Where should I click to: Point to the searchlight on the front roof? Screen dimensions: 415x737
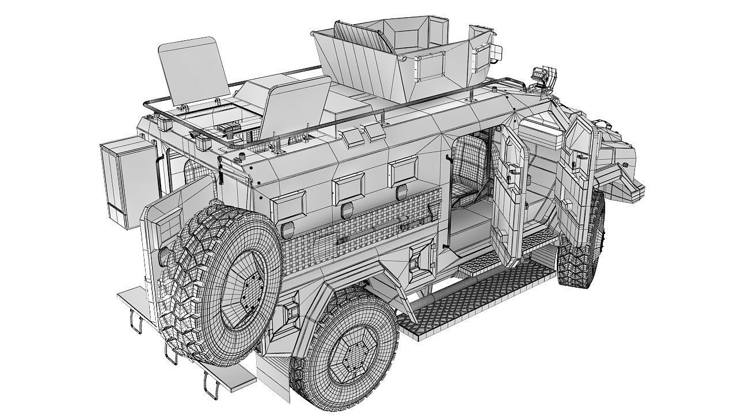click(542, 77)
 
